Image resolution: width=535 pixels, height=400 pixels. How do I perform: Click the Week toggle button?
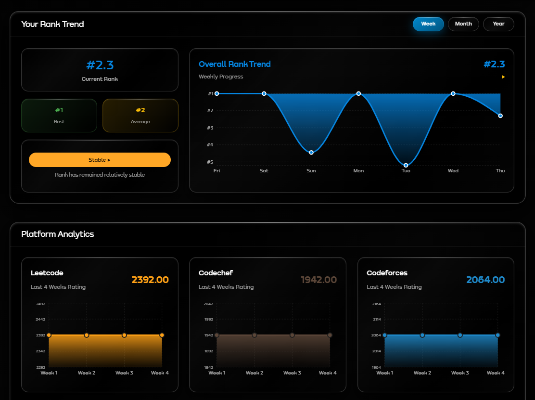(428, 24)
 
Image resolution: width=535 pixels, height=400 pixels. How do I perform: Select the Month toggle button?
(463, 24)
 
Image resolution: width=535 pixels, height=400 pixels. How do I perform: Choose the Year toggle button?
(498, 24)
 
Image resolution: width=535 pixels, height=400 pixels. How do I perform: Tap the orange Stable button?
(100, 160)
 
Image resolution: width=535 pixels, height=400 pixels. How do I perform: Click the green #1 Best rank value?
(59, 110)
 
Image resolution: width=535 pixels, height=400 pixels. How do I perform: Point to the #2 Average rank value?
(140, 110)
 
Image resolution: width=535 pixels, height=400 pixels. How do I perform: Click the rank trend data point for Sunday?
(311, 153)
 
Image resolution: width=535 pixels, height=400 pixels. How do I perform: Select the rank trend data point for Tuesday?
(406, 165)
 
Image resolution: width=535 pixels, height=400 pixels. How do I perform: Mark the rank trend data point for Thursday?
(500, 116)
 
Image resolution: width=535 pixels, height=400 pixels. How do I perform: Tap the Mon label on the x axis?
(358, 171)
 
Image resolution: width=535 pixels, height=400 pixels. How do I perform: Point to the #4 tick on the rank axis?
(210, 145)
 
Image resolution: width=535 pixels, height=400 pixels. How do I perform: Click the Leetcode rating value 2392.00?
(150, 280)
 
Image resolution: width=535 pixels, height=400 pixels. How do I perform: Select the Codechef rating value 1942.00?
(318, 280)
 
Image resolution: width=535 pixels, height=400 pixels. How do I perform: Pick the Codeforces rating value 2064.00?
(485, 280)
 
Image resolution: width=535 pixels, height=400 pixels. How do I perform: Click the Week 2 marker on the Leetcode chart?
(87, 335)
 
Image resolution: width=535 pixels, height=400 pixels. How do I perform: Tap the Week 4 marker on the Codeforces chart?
(497, 335)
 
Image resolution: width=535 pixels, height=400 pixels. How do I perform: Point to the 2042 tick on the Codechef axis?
(208, 304)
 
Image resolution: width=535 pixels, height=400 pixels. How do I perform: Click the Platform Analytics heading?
(58, 234)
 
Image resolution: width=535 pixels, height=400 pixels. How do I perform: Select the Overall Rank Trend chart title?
(235, 64)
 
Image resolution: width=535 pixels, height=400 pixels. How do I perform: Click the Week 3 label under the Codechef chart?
(292, 373)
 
